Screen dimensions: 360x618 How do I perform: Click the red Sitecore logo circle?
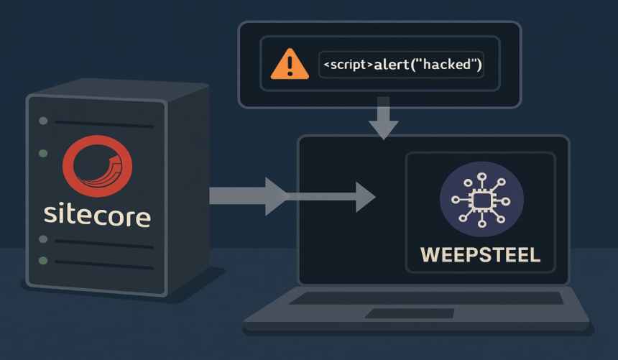click(97, 167)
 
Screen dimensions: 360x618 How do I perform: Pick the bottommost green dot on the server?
click(43, 259)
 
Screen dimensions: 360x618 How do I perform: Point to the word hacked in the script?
click(451, 65)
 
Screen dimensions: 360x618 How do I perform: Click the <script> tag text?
click(348, 65)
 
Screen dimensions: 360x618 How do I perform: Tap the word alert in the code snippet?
click(392, 65)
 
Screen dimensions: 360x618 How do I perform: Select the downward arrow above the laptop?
click(382, 123)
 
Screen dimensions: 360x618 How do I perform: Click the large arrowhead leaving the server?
click(274, 195)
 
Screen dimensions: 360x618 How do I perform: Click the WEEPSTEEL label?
click(480, 255)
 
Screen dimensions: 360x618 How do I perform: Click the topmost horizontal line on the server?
click(103, 124)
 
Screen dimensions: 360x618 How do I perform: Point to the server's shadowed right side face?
click(189, 187)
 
